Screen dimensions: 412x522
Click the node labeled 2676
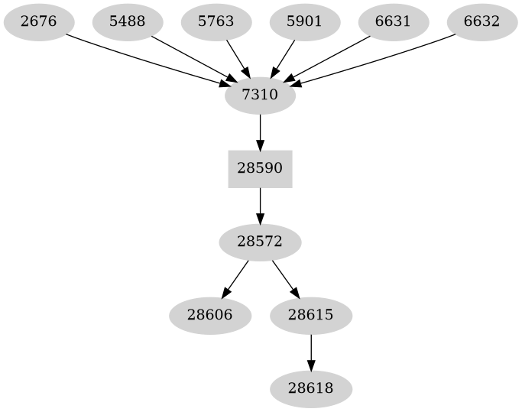pos(38,21)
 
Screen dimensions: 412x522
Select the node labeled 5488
pos(127,21)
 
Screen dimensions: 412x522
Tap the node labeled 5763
pos(216,21)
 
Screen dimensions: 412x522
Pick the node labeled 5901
pos(304,21)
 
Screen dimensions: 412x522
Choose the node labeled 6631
pos(393,21)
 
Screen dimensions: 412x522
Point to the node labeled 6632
pos(481,21)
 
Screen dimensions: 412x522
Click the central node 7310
pos(260,95)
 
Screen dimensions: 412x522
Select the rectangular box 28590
pos(260,168)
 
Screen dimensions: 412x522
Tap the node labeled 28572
pos(260,242)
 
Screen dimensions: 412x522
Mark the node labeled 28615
pos(310,315)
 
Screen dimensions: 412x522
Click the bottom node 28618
pos(310,388)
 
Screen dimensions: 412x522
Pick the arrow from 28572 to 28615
pos(285,278)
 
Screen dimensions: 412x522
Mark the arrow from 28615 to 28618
pos(310,352)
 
